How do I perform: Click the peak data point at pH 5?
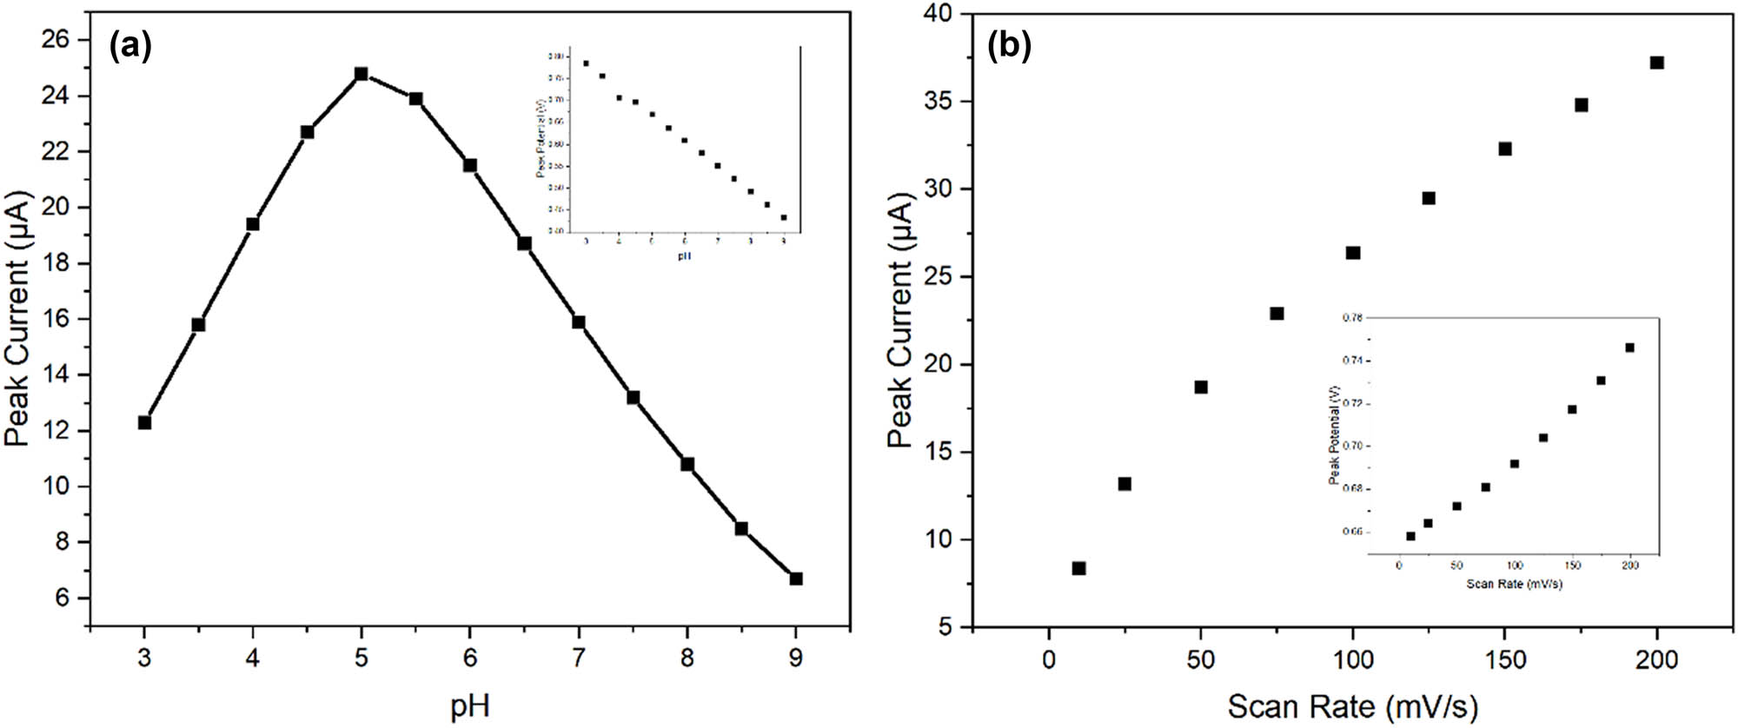[362, 74]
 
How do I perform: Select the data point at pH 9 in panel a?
[796, 579]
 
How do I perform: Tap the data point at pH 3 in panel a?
[144, 422]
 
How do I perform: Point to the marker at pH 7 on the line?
[579, 322]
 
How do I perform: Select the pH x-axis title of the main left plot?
[470, 705]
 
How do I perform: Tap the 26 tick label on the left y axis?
[54, 40]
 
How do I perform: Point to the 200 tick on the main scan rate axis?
[1656, 660]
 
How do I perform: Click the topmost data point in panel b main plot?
[1657, 63]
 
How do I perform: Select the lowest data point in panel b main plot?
[1078, 568]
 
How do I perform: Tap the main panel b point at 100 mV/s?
[1353, 253]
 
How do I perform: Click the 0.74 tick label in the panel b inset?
[1352, 361]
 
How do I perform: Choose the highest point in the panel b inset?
[1629, 347]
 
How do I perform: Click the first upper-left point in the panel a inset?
[586, 63]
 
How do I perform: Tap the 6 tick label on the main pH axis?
[470, 659]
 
